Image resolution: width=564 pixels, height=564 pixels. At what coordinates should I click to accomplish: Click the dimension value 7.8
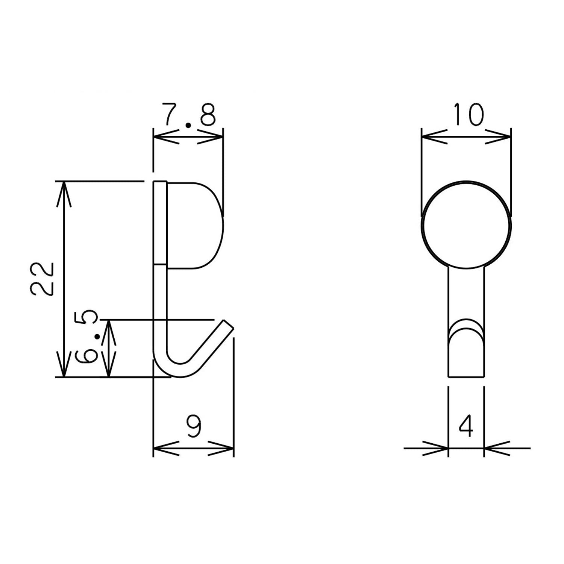pos(189,115)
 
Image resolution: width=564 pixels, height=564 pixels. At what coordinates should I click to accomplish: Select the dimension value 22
pos(42,279)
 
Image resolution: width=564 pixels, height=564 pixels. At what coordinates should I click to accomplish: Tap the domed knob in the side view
pos(195,226)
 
